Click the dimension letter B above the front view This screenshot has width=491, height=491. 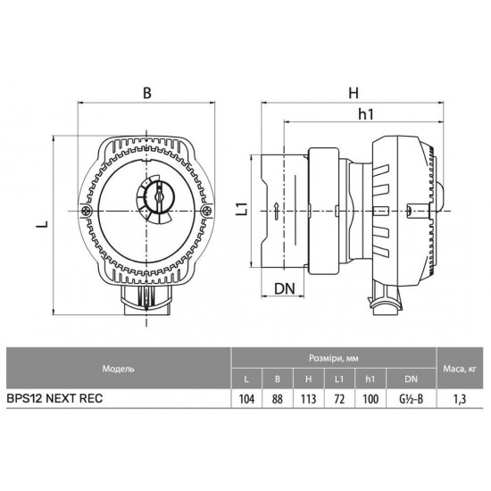147,93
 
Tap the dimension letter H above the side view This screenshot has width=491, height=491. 354,93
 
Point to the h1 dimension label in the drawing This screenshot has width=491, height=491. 366,114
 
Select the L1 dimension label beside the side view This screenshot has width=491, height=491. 243,209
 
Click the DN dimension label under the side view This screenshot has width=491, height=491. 285,288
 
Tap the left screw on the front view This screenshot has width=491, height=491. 86,211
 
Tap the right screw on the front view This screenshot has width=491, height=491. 206,211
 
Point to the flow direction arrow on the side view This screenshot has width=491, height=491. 276,211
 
